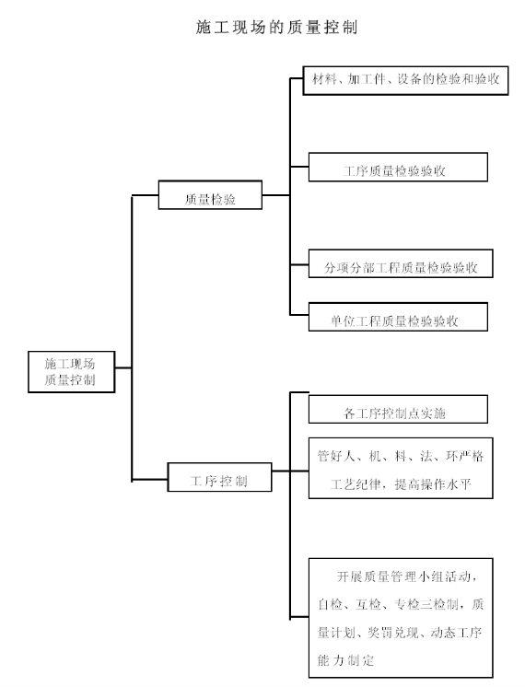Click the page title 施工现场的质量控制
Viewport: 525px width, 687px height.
[276, 27]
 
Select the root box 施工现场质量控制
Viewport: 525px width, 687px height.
[72, 371]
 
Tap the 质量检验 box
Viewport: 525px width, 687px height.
[210, 194]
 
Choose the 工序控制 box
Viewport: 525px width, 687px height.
[219, 477]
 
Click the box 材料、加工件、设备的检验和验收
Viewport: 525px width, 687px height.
[406, 80]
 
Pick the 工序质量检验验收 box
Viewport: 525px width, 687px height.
[398, 167]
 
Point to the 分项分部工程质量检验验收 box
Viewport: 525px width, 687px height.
[401, 263]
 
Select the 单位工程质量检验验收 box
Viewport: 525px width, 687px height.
[398, 317]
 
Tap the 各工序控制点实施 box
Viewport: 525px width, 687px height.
[398, 409]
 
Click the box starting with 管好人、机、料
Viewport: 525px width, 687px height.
[401, 468]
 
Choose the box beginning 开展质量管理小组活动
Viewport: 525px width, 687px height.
[401, 618]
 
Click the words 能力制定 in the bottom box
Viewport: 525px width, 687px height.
[345, 660]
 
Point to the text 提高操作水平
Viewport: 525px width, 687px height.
[433, 484]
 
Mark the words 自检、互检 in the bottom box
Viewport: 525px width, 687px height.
[349, 605]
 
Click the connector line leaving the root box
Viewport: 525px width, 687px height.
[123, 367]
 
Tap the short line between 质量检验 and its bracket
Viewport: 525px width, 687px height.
[276, 195]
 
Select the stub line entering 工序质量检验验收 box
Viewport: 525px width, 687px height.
[299, 167]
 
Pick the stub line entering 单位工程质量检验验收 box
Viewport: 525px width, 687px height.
[299, 315]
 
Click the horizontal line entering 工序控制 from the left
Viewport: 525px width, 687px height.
[150, 479]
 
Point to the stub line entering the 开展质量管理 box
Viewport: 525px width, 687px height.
[299, 617]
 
